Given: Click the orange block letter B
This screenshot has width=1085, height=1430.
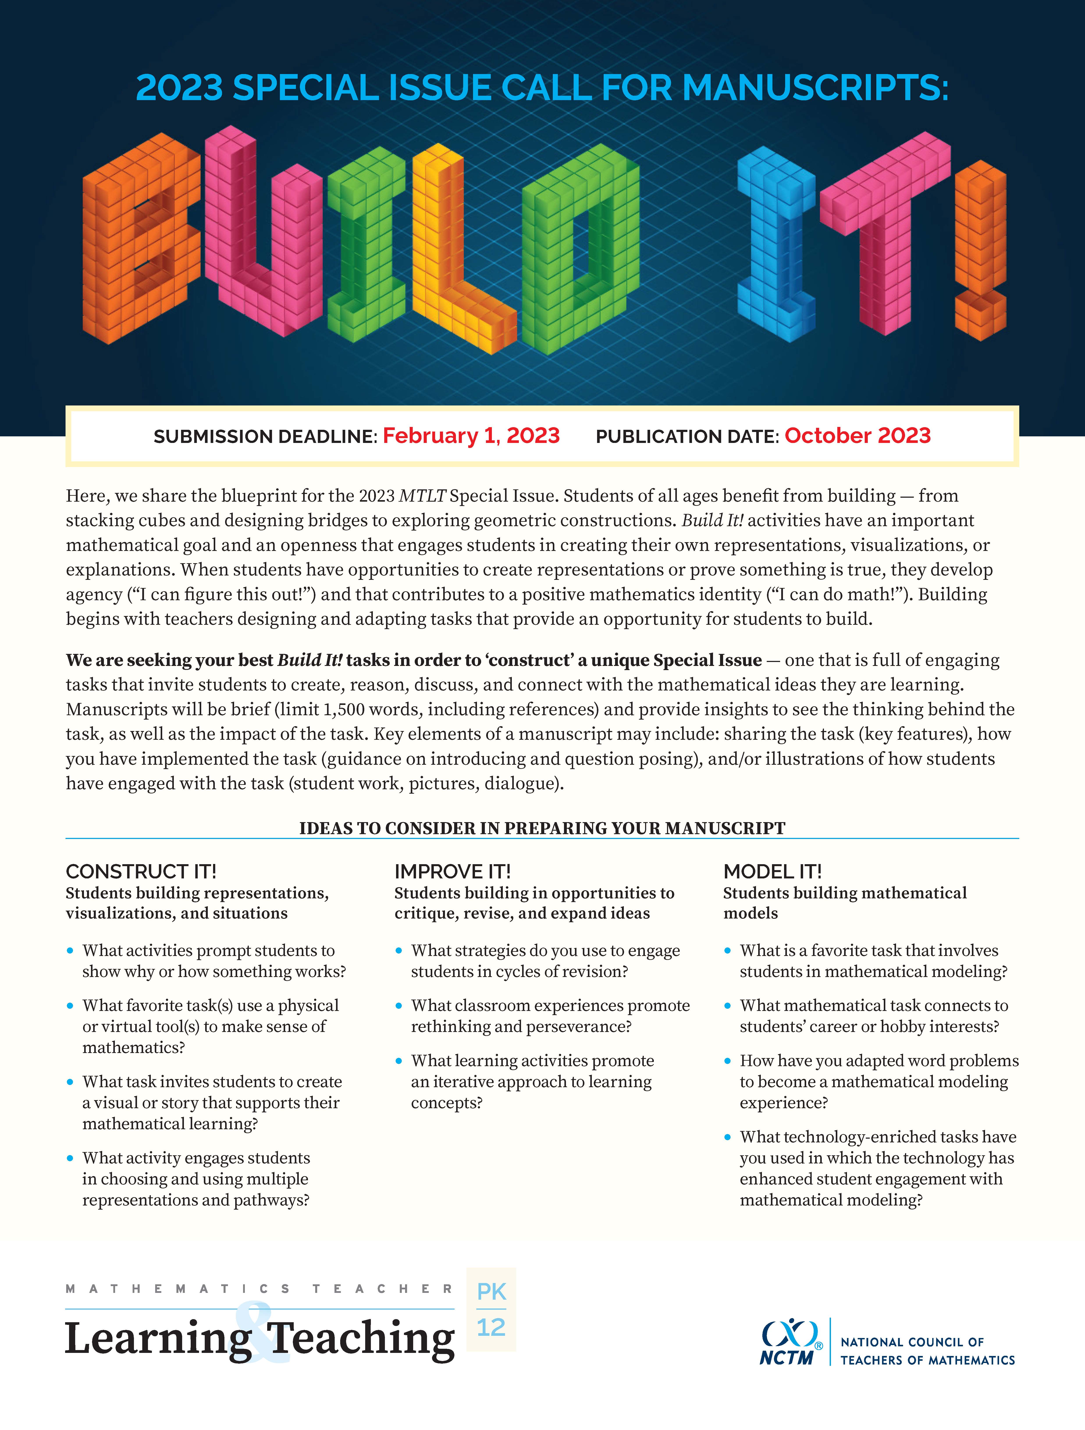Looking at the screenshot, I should [139, 239].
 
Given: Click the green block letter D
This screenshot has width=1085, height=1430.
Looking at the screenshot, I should [579, 249].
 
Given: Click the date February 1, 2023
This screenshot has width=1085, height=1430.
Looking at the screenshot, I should [471, 436].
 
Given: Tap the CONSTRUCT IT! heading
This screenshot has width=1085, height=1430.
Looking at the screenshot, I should [141, 871].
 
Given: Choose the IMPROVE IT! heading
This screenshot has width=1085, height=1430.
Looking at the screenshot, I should [452, 871].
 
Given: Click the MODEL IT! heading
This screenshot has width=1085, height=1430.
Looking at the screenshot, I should [772, 871].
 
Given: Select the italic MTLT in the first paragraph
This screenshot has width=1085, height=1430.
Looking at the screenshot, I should [422, 496].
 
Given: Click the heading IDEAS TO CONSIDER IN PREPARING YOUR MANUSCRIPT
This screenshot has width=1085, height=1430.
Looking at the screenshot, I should [542, 828].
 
